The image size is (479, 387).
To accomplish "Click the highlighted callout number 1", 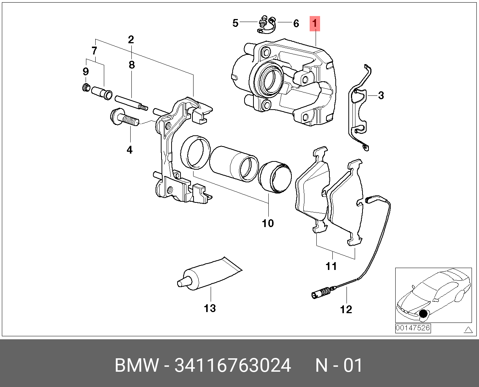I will click(315, 24).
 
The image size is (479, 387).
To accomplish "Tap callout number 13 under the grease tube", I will click(210, 308).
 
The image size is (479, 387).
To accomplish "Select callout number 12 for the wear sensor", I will click(346, 309).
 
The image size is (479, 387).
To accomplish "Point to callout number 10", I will click(268, 223).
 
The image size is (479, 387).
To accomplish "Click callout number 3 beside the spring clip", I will click(381, 95).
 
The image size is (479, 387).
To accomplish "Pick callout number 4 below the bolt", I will click(130, 150).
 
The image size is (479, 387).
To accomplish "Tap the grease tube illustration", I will click(208, 274).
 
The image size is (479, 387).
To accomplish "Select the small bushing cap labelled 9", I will click(86, 88).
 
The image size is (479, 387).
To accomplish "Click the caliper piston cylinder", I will click(234, 164).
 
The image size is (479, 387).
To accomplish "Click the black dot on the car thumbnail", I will click(423, 314).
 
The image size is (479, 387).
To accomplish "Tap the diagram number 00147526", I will click(413, 328).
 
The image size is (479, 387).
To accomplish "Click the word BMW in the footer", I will click(136, 366).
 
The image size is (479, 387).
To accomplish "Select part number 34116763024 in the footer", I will click(233, 366).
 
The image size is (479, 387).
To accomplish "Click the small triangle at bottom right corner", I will click(468, 330).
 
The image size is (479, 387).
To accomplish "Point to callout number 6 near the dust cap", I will click(296, 23).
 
